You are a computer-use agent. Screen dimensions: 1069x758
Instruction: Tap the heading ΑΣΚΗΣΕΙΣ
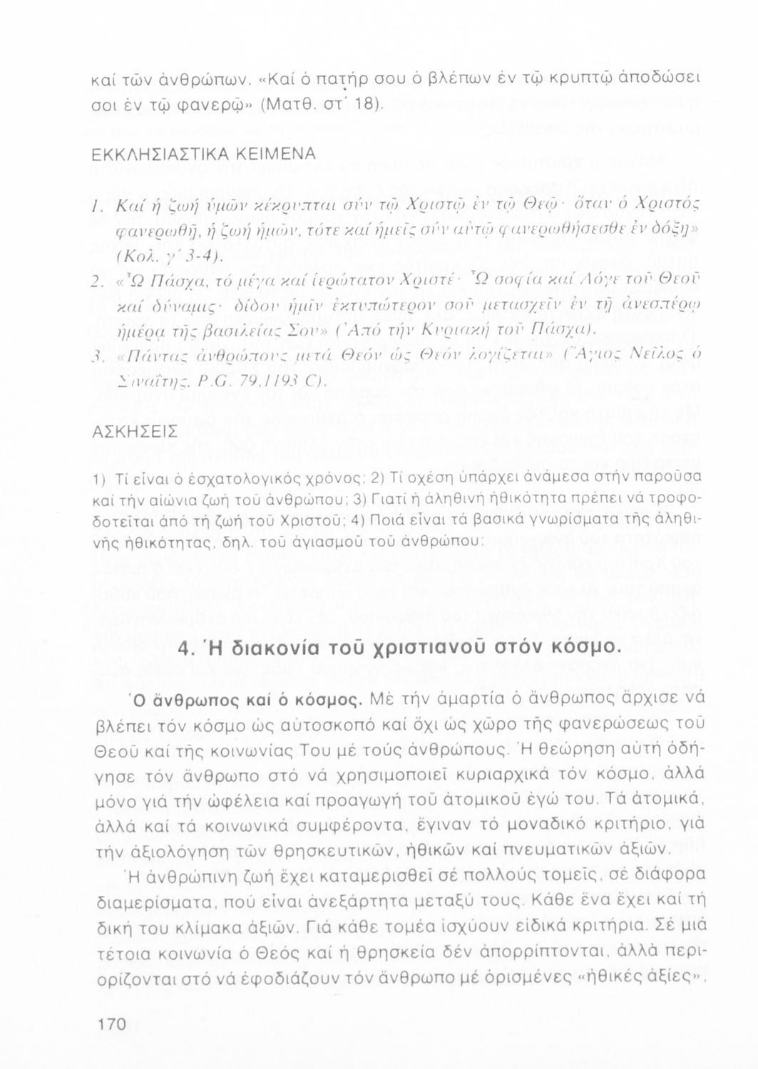(127, 433)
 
